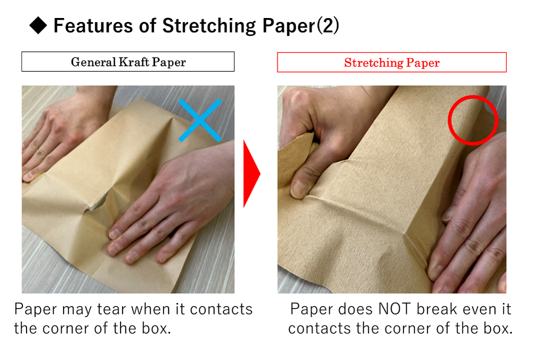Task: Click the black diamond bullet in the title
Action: (39, 26)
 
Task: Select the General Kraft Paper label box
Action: (128, 62)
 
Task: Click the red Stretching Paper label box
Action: (391, 62)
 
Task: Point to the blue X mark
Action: (200, 120)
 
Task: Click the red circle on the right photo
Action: (472, 120)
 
